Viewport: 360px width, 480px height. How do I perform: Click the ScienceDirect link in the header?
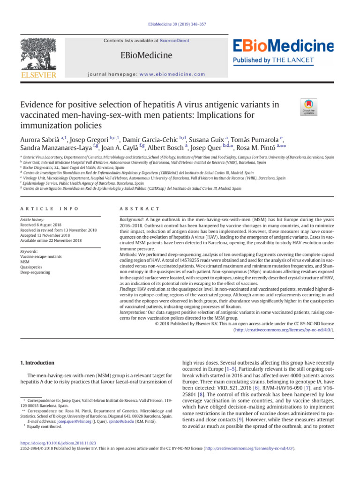coord(174,41)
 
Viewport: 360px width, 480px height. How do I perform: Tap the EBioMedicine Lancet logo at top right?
coord(283,51)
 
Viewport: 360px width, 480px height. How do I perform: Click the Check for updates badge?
coord(308,107)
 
